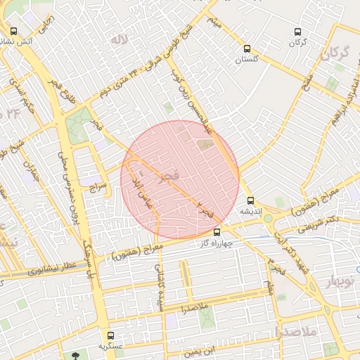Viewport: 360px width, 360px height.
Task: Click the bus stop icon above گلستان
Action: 247,49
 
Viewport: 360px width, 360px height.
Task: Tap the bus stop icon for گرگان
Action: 297,32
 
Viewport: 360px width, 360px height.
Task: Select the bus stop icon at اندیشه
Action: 251,200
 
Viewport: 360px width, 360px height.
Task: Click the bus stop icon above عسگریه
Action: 110,335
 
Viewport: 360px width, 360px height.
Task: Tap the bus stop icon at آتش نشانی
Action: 14,31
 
